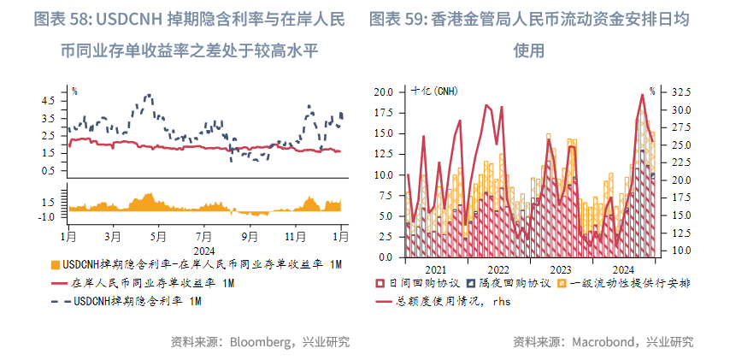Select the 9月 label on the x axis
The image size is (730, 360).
point(249,234)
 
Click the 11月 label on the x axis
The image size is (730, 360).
point(295,234)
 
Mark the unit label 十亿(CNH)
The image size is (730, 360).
point(433,91)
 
